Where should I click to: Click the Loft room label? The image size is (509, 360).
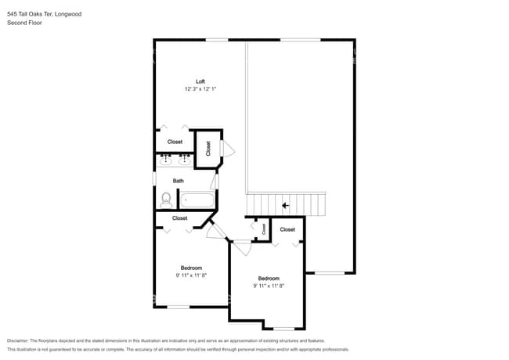click(x=200, y=81)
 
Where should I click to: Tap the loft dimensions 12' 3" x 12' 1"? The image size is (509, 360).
click(x=200, y=89)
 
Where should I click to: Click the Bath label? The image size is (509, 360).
click(x=179, y=181)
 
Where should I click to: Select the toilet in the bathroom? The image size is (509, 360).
click(x=164, y=201)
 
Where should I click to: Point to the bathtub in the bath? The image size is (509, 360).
click(x=196, y=200)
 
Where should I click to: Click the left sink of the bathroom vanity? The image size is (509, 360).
click(x=166, y=160)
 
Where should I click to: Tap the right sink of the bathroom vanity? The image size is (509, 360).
click(x=185, y=160)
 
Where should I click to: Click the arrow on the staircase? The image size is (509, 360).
click(x=286, y=205)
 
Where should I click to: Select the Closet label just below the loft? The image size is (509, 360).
click(x=175, y=142)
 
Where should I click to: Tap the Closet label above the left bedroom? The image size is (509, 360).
click(x=179, y=218)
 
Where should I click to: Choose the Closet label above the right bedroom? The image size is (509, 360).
click(x=287, y=229)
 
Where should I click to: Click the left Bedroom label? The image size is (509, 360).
click(x=191, y=268)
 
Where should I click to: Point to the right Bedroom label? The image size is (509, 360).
click(x=269, y=279)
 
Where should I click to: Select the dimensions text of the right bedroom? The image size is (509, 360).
click(x=269, y=286)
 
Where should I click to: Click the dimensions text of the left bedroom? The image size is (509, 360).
click(x=191, y=275)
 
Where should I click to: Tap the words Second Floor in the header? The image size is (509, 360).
click(x=24, y=23)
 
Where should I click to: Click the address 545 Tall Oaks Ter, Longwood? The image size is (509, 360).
click(x=44, y=13)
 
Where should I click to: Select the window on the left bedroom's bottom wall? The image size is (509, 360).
click(x=179, y=307)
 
